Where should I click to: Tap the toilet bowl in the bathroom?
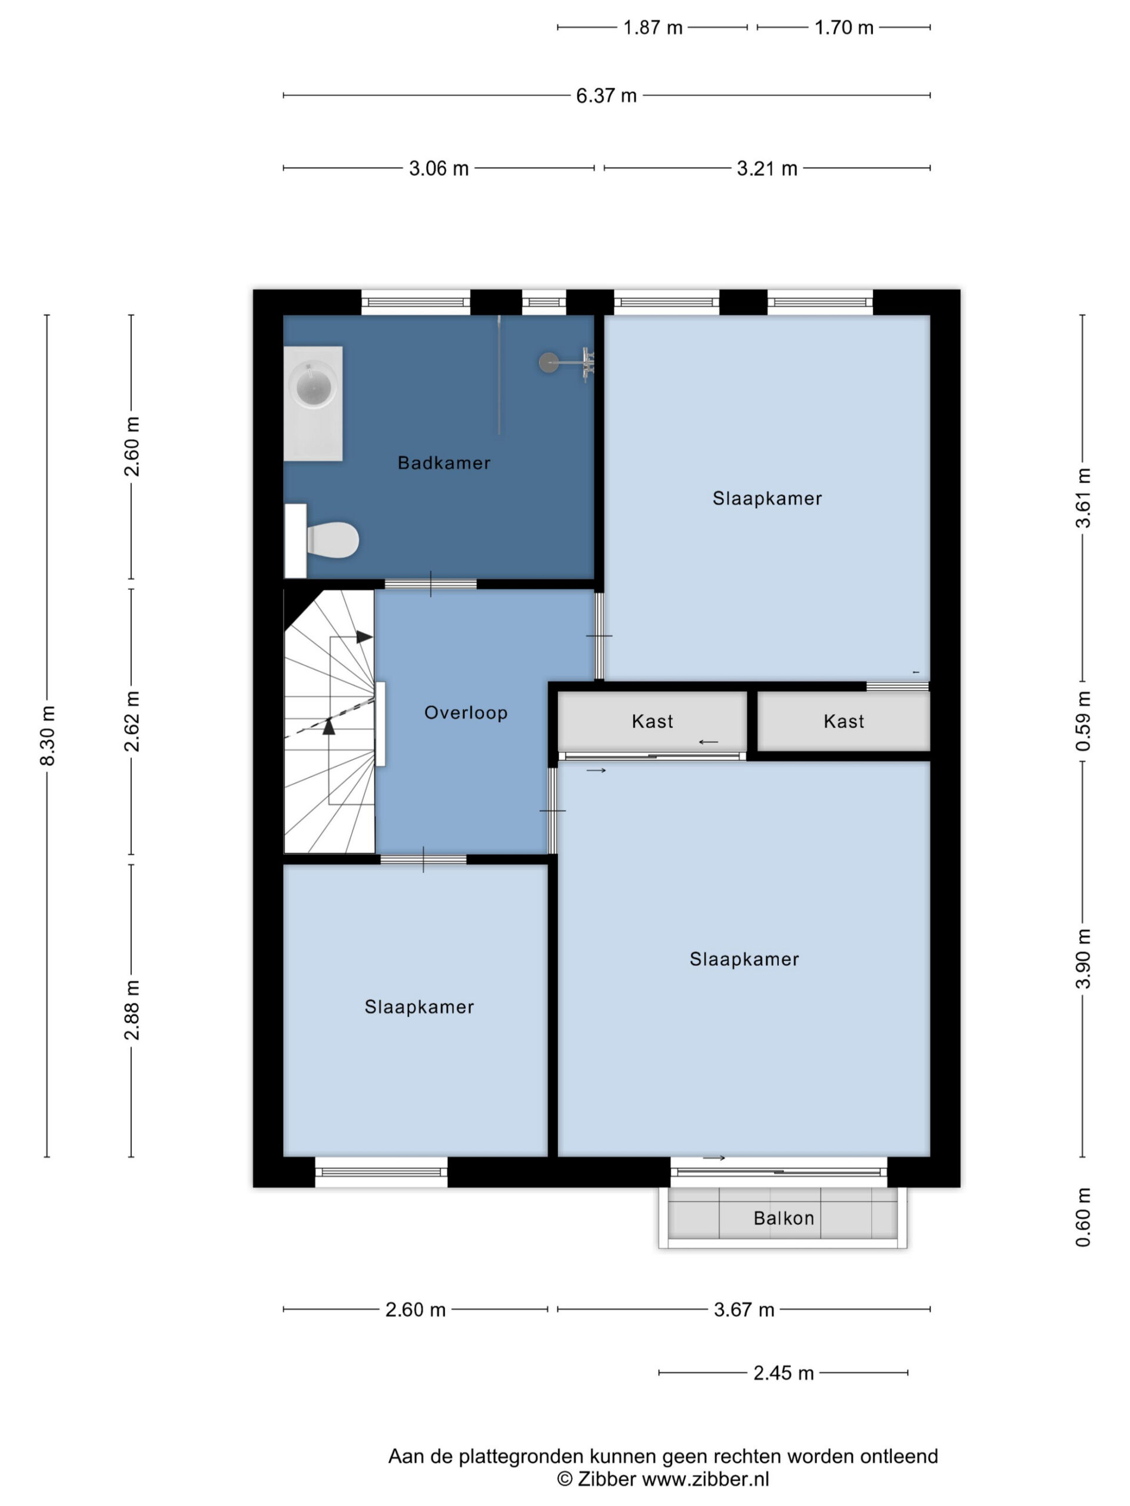coord(333,540)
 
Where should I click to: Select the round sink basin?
coord(313,386)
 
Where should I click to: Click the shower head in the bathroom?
coord(549,362)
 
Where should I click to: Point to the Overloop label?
coord(466,713)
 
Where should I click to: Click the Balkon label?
coord(783,1218)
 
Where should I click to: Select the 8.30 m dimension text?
coord(48,736)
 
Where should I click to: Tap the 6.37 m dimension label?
coord(606,95)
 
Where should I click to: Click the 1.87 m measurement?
coord(653,27)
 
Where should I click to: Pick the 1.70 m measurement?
coord(844,27)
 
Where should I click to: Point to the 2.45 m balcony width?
coord(783,1372)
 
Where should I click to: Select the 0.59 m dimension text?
coord(1083,721)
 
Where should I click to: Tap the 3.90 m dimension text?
coord(1083,959)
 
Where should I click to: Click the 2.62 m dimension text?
coord(132,721)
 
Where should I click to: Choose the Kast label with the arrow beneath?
coord(652,721)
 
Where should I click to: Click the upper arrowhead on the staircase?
coord(364,637)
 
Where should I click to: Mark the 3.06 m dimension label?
coord(438,168)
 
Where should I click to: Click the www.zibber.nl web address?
coord(706,1479)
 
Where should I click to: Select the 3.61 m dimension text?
coord(1083,498)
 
